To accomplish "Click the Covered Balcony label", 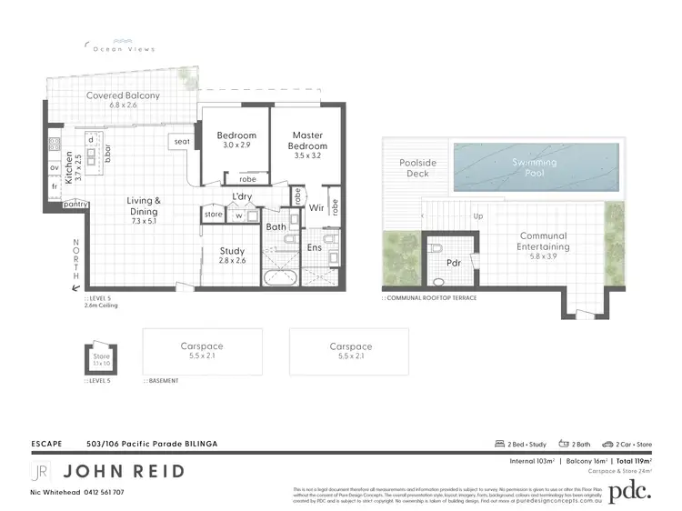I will [123, 95].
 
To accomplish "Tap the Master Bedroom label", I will [307, 140].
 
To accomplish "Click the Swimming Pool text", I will [534, 167].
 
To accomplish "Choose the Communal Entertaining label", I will [543, 240].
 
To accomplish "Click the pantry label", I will [75, 205].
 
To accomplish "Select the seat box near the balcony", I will [182, 141].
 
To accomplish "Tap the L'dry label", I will [242, 196].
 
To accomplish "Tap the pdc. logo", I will [628, 491].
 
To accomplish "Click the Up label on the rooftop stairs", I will [478, 217].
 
